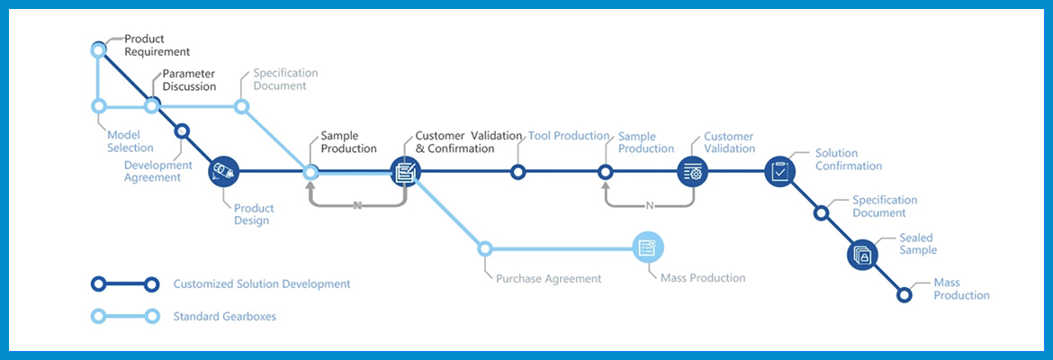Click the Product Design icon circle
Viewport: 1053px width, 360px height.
[x=223, y=172]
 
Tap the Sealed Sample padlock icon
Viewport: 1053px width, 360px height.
[x=863, y=256]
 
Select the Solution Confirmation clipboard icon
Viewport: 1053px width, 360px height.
[x=779, y=172]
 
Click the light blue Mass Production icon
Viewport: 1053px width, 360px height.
[x=648, y=248]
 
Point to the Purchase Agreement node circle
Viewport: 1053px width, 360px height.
[x=485, y=248]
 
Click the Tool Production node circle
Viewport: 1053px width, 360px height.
[x=517, y=172]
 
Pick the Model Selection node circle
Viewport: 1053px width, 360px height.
[x=99, y=105]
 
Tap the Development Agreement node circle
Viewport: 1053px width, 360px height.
[x=181, y=131]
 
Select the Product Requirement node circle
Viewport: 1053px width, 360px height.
[x=99, y=49]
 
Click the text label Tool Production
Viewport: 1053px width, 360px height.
[x=569, y=136]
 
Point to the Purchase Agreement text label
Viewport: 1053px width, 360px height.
[x=549, y=278]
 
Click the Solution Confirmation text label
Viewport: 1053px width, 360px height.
[x=848, y=159]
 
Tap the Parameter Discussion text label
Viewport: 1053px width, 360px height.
[x=189, y=80]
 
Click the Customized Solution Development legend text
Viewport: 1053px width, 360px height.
[x=262, y=284]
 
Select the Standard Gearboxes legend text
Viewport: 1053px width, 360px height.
[x=224, y=316]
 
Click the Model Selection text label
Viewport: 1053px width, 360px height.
[x=130, y=141]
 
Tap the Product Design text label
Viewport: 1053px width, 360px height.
[x=254, y=214]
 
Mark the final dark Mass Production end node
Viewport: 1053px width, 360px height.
[x=904, y=295]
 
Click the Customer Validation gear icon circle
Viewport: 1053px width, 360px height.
[x=692, y=172]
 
